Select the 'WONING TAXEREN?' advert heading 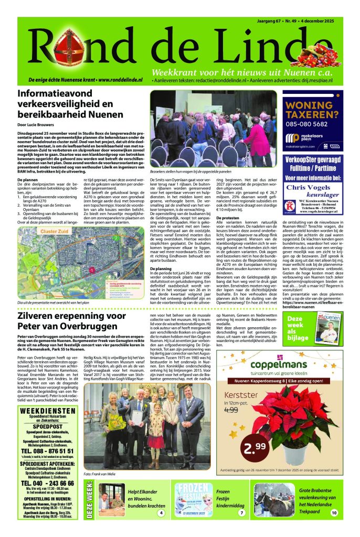click(320, 108)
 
